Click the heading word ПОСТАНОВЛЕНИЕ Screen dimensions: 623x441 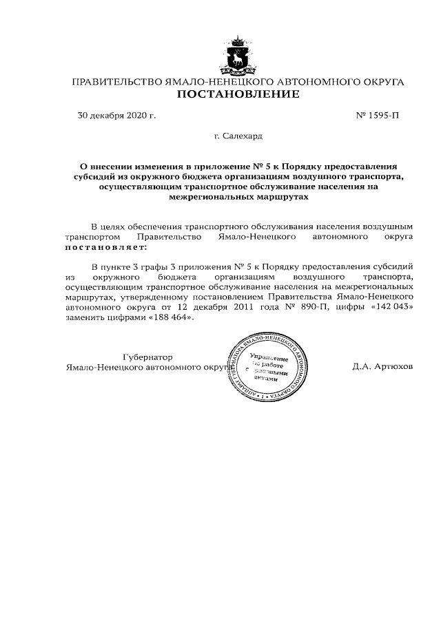pyautogui.click(x=238, y=94)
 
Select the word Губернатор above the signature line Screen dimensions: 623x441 pyautogui.click(x=147, y=357)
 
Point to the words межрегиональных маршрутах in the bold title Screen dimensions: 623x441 pyautogui.click(x=238, y=196)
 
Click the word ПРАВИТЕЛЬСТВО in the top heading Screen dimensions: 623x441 pyautogui.click(x=116, y=82)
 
